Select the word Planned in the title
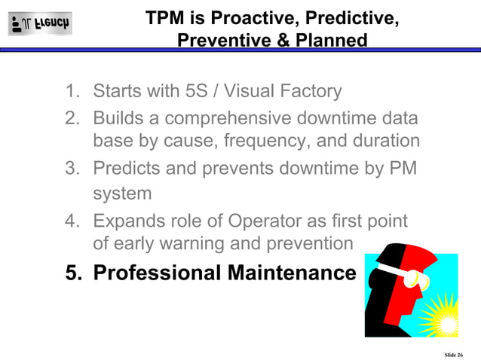click(x=332, y=39)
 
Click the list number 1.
click(x=72, y=92)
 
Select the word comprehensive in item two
click(x=222, y=119)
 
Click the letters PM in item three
click(x=402, y=169)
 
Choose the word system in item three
click(x=122, y=193)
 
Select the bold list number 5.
click(x=72, y=273)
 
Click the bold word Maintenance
click(x=292, y=273)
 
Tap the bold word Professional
click(x=158, y=273)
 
